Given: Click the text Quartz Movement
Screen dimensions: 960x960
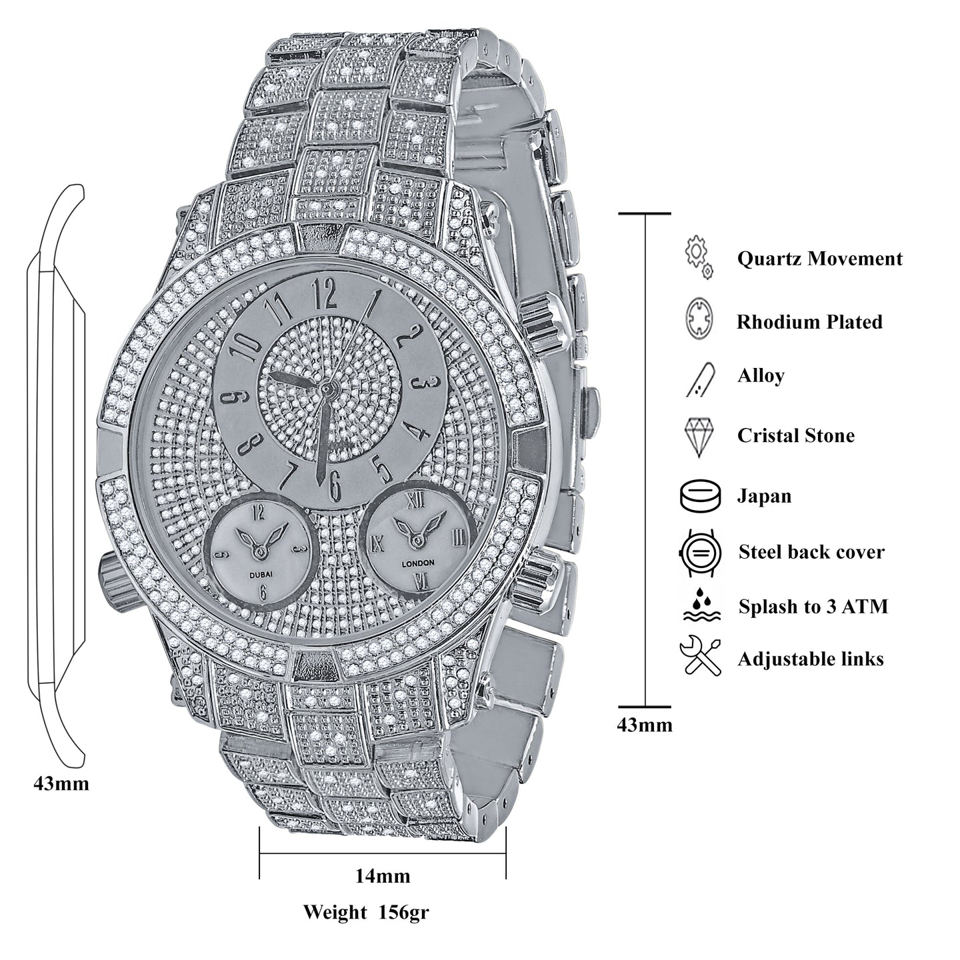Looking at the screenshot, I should click(819, 259).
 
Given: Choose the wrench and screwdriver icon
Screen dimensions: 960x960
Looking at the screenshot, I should click(700, 657).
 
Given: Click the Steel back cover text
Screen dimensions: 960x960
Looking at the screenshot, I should click(811, 552).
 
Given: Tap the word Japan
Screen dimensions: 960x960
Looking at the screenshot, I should click(764, 496).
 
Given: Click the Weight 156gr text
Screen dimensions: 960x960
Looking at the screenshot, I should click(366, 911).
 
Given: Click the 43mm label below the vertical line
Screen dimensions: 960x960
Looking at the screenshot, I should click(645, 725).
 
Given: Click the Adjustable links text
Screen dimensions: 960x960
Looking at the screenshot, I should click(810, 659).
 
